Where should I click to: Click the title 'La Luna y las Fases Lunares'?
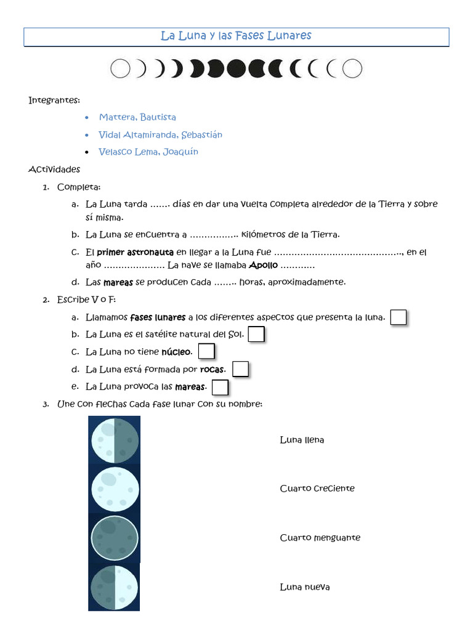click(236, 36)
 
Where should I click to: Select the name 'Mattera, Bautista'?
click(137, 117)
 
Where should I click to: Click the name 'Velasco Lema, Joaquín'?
click(148, 152)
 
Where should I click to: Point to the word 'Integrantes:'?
click(54, 100)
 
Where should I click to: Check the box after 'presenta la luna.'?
click(399, 317)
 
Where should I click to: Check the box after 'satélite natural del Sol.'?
click(256, 335)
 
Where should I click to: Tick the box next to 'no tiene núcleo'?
click(206, 352)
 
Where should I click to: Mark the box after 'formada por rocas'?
click(240, 369)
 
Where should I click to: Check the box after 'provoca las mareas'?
click(220, 387)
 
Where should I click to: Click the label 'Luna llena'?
click(302, 440)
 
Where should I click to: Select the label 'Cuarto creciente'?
click(317, 489)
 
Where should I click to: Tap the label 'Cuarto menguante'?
click(320, 538)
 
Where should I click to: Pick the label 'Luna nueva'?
click(304, 587)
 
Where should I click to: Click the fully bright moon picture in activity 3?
click(114, 489)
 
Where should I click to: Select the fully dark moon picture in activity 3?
click(114, 537)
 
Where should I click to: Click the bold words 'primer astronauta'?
click(135, 252)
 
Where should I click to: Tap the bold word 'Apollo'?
click(263, 266)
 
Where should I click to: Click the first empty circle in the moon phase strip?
click(120, 69)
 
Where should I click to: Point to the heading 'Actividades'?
click(54, 169)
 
